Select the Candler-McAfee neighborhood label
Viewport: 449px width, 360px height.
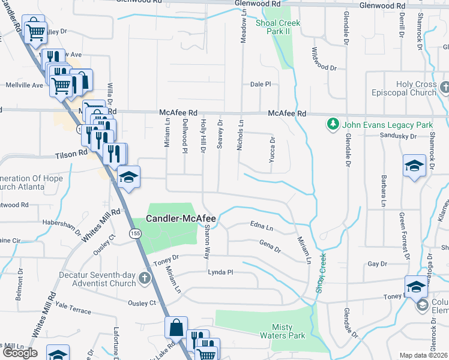(x=181, y=220)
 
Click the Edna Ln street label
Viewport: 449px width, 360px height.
(x=261, y=226)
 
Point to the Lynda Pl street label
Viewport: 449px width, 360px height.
(x=220, y=272)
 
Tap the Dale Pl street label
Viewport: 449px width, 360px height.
(x=261, y=85)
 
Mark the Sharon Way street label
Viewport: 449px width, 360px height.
(x=206, y=241)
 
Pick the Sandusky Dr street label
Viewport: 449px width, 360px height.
(x=398, y=136)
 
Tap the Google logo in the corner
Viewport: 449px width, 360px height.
(x=20, y=353)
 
